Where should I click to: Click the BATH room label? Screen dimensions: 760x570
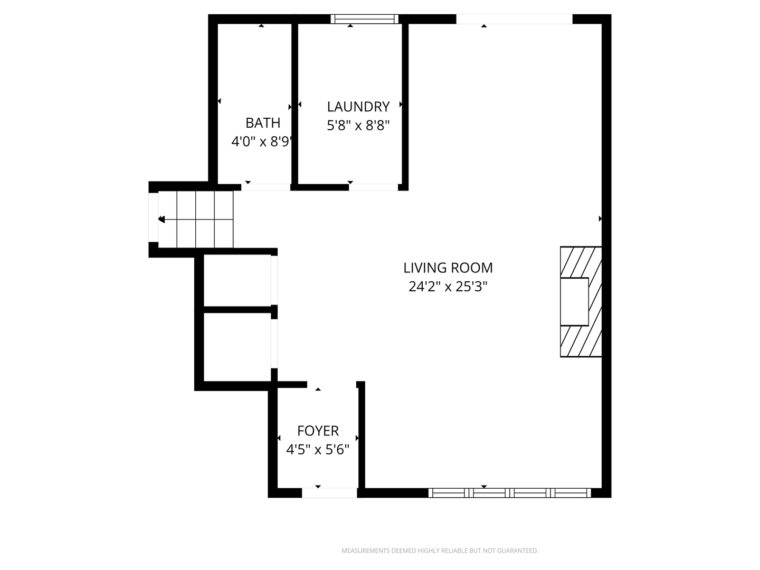[263, 123]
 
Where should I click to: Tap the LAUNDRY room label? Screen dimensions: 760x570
[358, 107]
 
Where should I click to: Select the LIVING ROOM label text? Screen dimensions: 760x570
[448, 268]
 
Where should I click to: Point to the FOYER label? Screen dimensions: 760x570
[318, 431]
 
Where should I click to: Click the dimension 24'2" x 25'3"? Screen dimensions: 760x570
[448, 287]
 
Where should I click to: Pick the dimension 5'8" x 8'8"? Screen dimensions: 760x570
[358, 125]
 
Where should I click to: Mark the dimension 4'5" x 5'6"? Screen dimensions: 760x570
[318, 450]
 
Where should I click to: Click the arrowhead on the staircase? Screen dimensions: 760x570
[161, 219]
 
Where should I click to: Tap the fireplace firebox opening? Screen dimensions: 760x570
[574, 301]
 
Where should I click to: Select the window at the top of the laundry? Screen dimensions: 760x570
[365, 19]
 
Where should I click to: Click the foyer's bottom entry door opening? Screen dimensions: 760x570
[329, 493]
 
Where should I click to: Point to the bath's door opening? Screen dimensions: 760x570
[265, 187]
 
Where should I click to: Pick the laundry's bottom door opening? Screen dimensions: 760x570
[373, 187]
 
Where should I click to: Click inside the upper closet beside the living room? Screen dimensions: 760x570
[237, 280]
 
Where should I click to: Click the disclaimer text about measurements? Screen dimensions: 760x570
[440, 550]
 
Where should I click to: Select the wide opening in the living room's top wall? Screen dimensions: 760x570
[514, 19]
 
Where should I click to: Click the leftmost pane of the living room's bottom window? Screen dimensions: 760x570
[449, 493]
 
